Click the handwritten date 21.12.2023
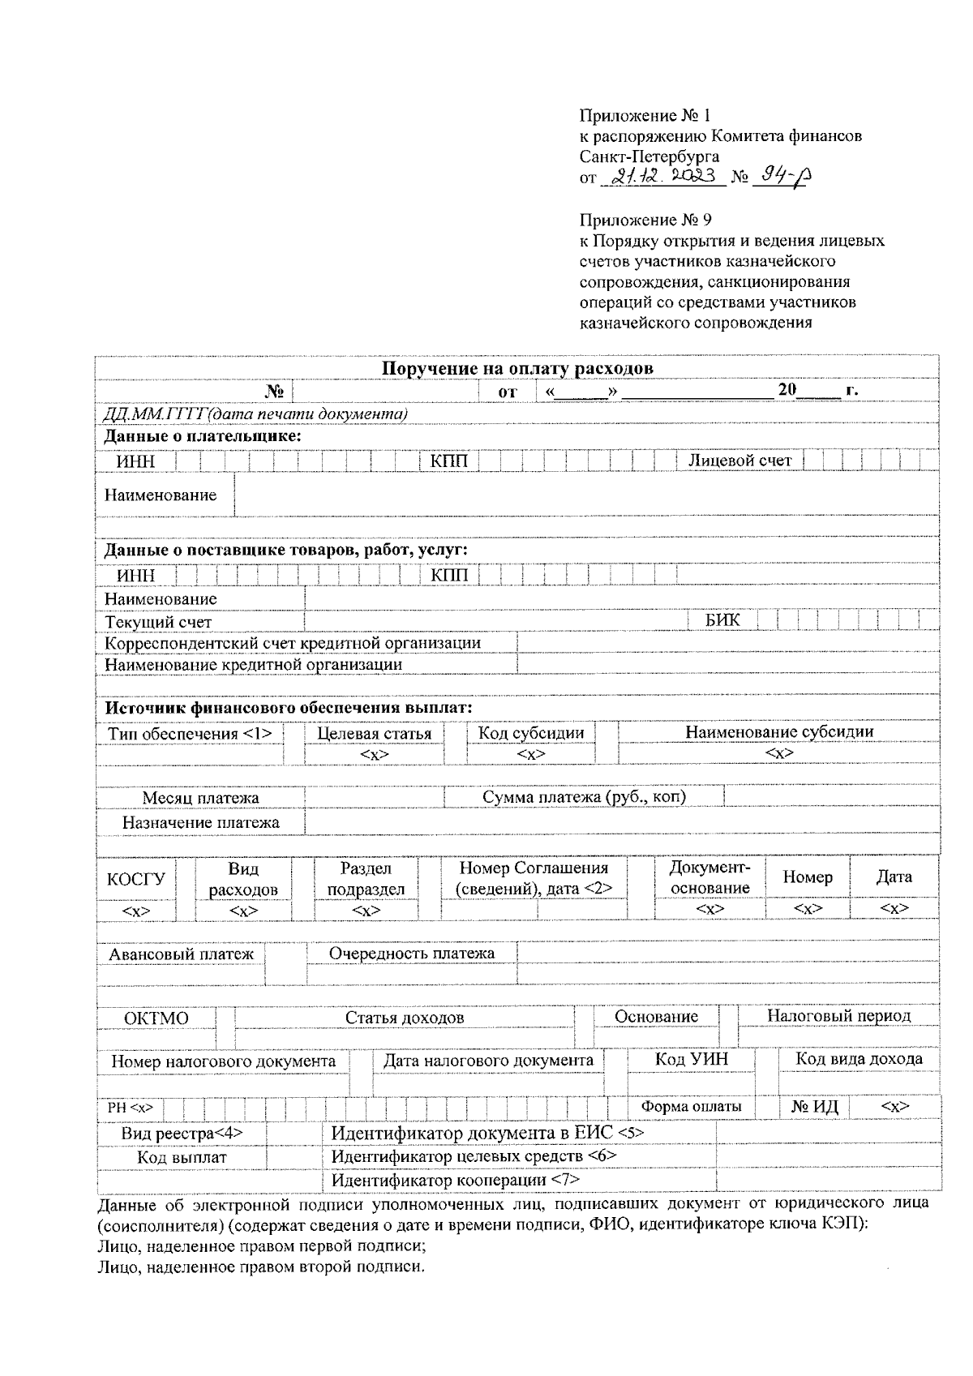663,176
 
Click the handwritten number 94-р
782,176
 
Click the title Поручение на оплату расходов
517,368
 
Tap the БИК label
722,620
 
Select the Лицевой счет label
739,461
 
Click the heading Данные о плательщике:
203,436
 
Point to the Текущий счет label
158,622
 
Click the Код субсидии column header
531,733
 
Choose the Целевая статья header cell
375,734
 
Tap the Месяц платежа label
200,798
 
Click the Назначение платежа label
200,822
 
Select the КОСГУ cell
135,879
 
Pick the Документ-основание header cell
709,877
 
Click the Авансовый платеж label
181,954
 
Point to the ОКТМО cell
156,1018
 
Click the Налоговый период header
838,1015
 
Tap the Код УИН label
692,1059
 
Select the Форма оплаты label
691,1106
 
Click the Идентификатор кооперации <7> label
455,1180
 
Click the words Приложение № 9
645,220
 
